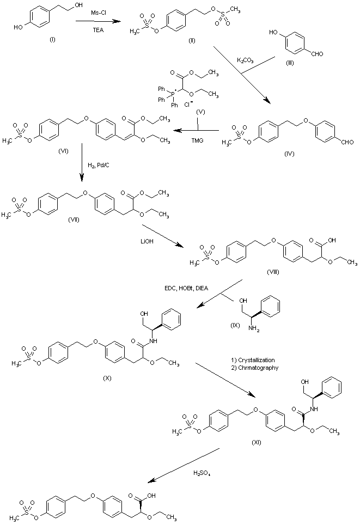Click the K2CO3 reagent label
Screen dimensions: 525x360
pyautogui.click(x=243, y=59)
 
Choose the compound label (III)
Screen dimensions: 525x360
pyautogui.click(x=292, y=63)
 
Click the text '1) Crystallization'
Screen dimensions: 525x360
pyautogui.click(x=253, y=360)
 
